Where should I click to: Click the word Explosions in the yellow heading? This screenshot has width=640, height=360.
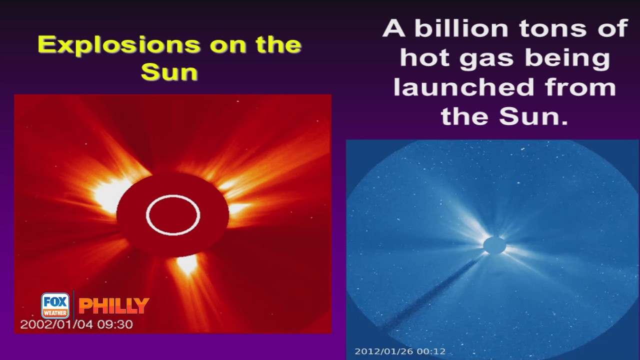[x=119, y=45]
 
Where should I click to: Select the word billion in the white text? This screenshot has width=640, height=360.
[x=461, y=28]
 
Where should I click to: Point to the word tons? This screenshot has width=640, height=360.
[x=553, y=29]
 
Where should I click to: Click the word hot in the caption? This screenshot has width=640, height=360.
[x=425, y=58]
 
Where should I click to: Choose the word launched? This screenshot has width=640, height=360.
[x=463, y=87]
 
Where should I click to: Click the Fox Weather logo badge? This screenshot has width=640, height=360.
[x=55, y=305]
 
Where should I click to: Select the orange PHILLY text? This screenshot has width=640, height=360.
[x=113, y=305]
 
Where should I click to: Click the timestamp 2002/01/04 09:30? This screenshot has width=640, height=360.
[x=76, y=324]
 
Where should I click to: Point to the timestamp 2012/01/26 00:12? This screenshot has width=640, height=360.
[x=400, y=351]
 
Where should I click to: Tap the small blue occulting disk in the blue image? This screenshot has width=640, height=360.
[x=494, y=245]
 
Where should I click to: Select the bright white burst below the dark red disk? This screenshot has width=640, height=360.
[x=187, y=264]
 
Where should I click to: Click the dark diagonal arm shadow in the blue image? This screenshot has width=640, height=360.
[x=428, y=294]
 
